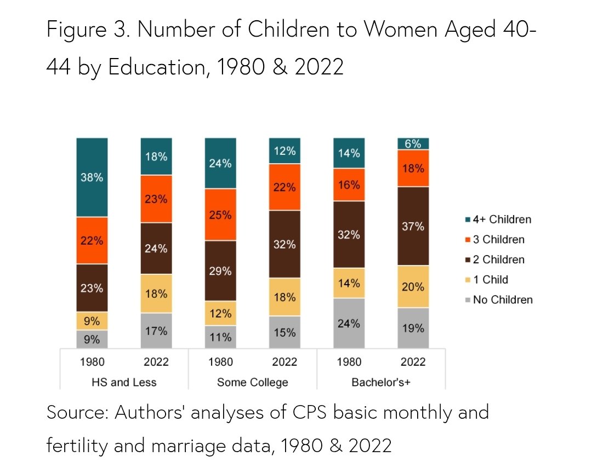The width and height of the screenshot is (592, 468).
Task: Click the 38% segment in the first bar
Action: [x=92, y=177]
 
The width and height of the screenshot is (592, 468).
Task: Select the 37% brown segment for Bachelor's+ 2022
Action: [x=413, y=226]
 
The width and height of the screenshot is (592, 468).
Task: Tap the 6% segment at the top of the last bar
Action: [x=413, y=144]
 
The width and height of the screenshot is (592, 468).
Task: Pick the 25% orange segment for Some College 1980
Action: [x=220, y=215]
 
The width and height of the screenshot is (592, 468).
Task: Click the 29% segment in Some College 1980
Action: [x=220, y=271]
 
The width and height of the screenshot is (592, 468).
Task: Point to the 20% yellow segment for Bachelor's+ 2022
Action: [x=413, y=286]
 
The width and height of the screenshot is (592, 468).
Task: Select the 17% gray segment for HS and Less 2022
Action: [x=156, y=331]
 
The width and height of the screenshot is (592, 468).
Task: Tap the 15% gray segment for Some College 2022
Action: [x=284, y=332]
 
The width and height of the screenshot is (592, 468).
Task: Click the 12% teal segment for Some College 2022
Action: [x=284, y=151]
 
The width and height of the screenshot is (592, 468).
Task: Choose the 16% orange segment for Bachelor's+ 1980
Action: [x=349, y=185]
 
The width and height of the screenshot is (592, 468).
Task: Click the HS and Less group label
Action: [x=124, y=382]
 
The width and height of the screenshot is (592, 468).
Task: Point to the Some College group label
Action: [x=252, y=382]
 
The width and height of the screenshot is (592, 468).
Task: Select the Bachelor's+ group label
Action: [x=381, y=382]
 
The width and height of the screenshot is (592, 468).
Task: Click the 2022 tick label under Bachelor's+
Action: [x=413, y=362]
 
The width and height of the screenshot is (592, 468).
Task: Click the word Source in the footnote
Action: [x=77, y=412]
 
